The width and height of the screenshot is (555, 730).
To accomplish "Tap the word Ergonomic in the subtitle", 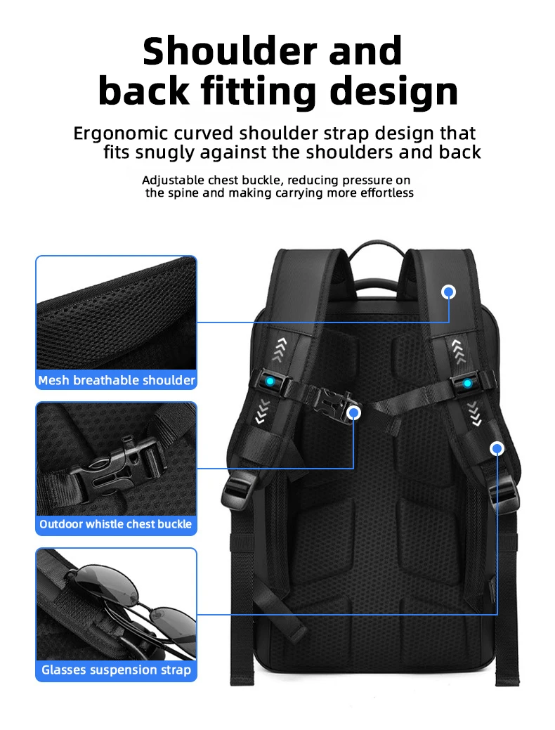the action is [x=119, y=133].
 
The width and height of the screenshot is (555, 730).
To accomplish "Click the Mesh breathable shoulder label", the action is [x=117, y=380].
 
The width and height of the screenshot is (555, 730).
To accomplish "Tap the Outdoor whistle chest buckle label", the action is [x=116, y=524].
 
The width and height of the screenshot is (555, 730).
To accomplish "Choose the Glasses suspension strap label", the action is [x=116, y=670].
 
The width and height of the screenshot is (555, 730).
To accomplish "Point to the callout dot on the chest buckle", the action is [x=354, y=413].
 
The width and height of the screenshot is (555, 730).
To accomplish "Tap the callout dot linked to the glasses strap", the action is [x=497, y=448].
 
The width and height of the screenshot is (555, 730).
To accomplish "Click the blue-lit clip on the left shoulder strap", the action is [x=270, y=382].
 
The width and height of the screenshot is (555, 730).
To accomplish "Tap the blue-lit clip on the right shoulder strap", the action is [x=466, y=383].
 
